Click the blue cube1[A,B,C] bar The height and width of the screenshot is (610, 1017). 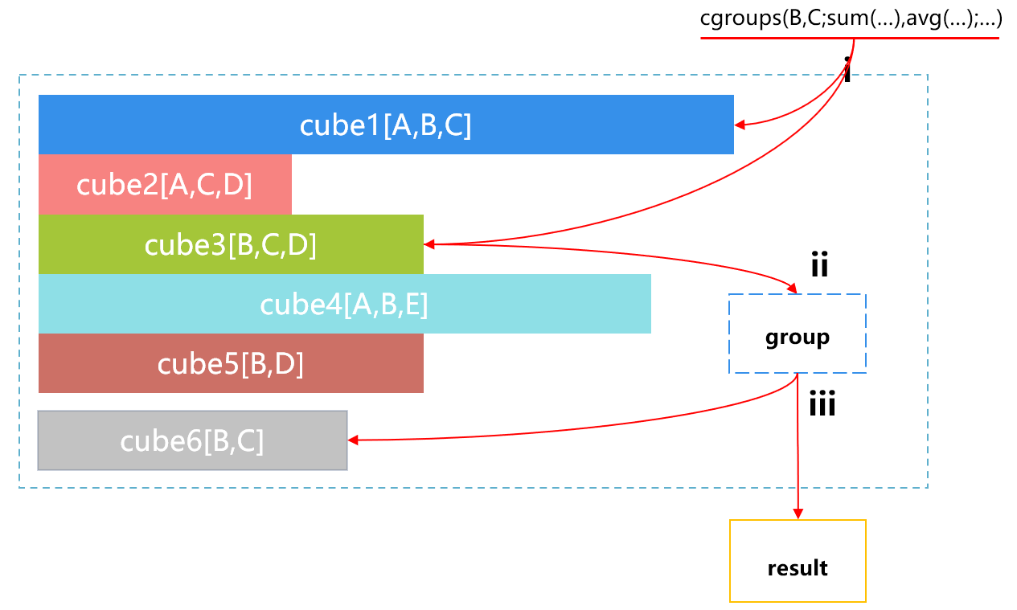(386, 125)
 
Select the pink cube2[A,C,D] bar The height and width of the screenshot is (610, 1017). (165, 185)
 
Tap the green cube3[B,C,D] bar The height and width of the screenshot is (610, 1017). (231, 244)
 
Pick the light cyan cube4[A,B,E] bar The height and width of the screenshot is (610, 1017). (344, 304)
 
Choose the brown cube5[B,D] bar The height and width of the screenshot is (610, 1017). (231, 363)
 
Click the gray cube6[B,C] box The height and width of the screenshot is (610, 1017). (192, 440)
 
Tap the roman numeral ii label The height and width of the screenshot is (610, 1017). (819, 265)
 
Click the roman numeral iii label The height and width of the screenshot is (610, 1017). (822, 404)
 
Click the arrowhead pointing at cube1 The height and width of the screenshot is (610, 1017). (740, 125)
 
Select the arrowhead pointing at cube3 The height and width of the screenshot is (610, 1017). (429, 244)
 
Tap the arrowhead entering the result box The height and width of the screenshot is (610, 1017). (798, 514)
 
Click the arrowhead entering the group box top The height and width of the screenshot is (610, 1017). (794, 289)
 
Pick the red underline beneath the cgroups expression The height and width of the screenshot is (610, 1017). (850, 37)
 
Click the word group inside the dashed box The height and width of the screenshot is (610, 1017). (798, 337)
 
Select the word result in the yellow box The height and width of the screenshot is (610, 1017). (798, 568)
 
